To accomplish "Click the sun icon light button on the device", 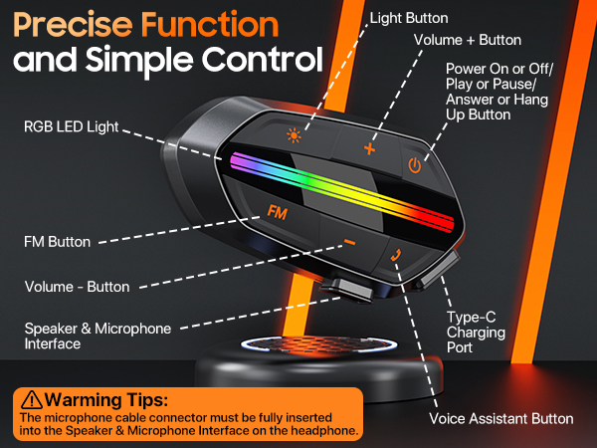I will click(294, 137).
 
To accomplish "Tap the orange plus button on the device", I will click(370, 149).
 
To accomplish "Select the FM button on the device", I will click(278, 211).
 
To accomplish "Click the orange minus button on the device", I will click(349, 242).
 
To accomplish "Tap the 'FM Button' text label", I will click(57, 241).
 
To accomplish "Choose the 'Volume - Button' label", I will click(77, 287).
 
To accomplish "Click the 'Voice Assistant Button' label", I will click(501, 418).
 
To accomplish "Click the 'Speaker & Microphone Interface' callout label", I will click(98, 336).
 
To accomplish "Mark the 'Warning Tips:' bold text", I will click(105, 399).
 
